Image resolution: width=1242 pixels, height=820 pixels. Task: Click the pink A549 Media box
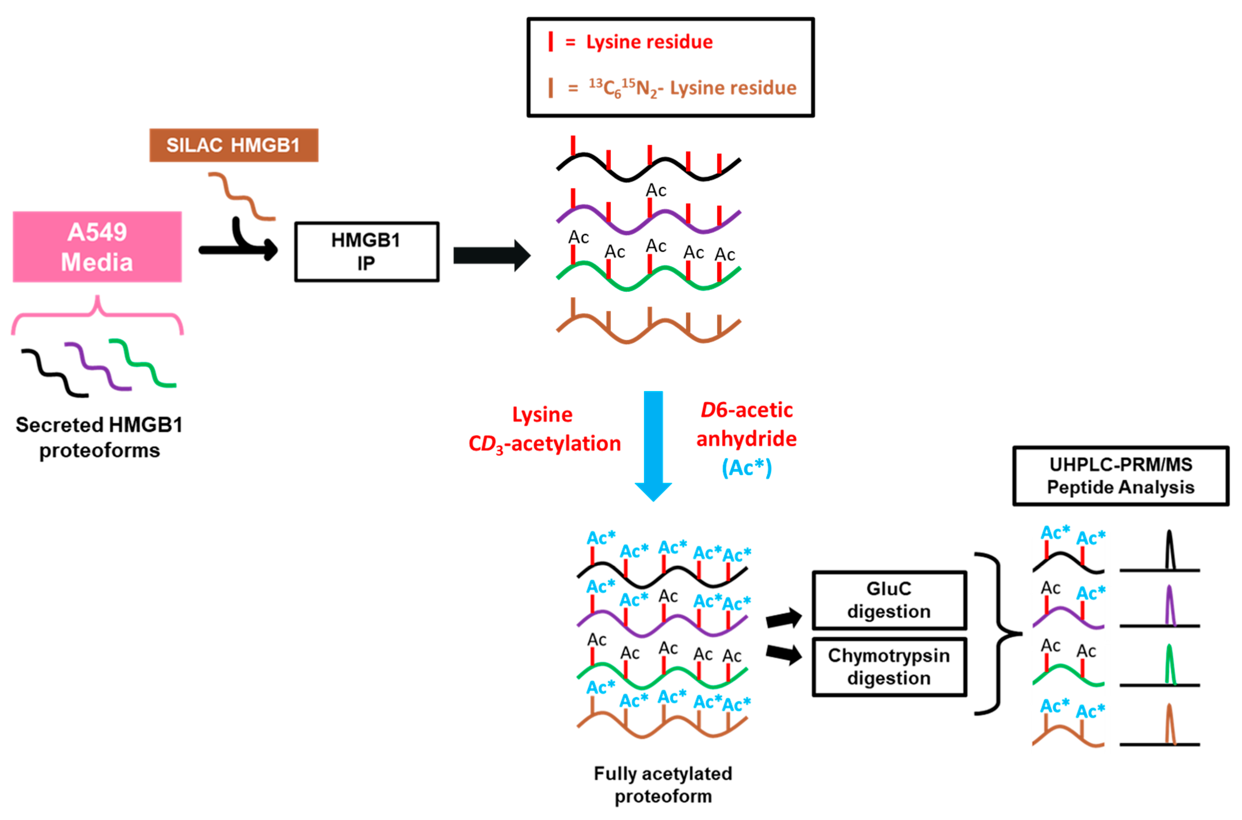(97, 247)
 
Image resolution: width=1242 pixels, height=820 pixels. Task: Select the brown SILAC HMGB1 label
(234, 145)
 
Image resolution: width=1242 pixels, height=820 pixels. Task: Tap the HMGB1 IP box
(366, 252)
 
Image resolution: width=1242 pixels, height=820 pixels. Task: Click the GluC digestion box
(889, 600)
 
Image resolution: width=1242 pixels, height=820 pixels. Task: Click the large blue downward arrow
(653, 445)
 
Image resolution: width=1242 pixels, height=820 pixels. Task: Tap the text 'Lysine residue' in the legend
(649, 42)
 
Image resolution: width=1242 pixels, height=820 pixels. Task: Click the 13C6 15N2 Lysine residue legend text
(692, 88)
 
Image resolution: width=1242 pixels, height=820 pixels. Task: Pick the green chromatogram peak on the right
(1170, 665)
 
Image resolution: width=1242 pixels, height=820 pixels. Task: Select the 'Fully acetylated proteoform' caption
(663, 784)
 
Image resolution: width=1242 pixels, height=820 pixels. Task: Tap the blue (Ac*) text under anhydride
(746, 468)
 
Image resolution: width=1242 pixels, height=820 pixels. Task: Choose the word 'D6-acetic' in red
(746, 410)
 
